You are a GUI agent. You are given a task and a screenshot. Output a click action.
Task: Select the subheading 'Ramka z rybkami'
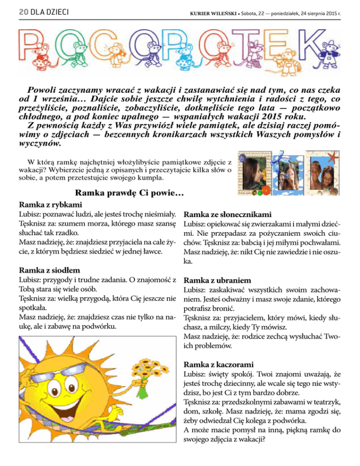click(50, 205)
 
